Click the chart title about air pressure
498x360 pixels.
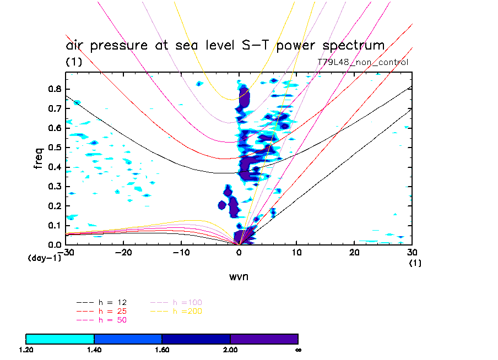225,45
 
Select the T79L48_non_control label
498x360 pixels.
363,62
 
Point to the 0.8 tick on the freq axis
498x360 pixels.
54,89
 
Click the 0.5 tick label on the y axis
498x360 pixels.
54,148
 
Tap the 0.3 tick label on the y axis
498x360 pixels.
54,187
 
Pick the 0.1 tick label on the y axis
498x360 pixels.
54,225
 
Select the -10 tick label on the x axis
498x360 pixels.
181,252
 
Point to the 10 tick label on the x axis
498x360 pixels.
297,252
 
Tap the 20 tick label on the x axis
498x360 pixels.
355,252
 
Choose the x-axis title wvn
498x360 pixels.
239,277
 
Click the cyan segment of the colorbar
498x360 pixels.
60,339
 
